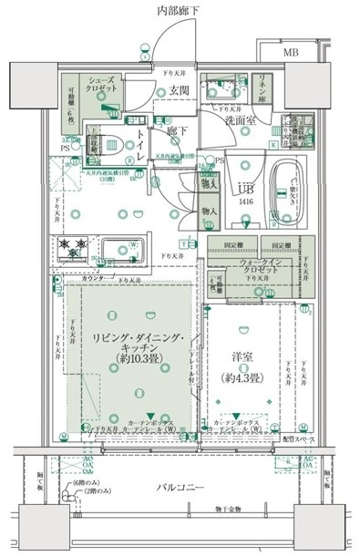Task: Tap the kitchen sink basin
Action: (120, 249)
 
